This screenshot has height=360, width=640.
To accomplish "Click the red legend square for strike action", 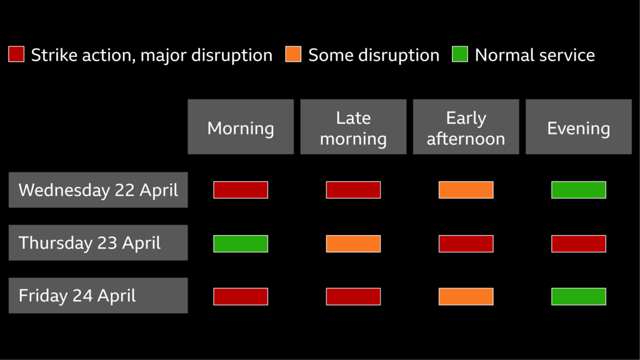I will click(16, 55).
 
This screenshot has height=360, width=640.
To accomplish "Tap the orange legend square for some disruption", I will click(293, 55).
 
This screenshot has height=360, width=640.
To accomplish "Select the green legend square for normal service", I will click(460, 55).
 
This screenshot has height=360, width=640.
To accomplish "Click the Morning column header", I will click(241, 127).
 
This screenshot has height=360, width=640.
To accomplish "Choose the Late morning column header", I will click(353, 127).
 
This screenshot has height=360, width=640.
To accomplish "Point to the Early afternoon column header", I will click(466, 127).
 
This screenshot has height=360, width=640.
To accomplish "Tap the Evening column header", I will click(578, 127).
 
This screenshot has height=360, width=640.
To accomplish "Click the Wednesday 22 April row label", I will click(98, 190).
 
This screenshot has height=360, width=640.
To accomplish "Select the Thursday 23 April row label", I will click(98, 242).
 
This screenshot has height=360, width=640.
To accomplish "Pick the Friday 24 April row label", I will click(98, 296).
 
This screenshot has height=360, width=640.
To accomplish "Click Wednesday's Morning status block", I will click(241, 190).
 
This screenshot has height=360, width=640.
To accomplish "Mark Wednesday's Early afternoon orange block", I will click(466, 190).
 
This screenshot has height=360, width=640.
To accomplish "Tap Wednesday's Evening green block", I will click(578, 190).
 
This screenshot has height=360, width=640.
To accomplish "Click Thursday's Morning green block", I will click(241, 243).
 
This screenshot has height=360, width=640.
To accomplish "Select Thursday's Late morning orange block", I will click(353, 243).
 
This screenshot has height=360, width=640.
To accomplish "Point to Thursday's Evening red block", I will click(578, 243).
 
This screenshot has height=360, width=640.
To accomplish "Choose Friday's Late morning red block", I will click(353, 296).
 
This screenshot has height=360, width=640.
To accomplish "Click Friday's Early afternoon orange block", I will click(466, 296).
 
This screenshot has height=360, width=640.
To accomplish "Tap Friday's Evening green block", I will click(578, 296).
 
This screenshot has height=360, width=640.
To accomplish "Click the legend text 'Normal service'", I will click(534, 55).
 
